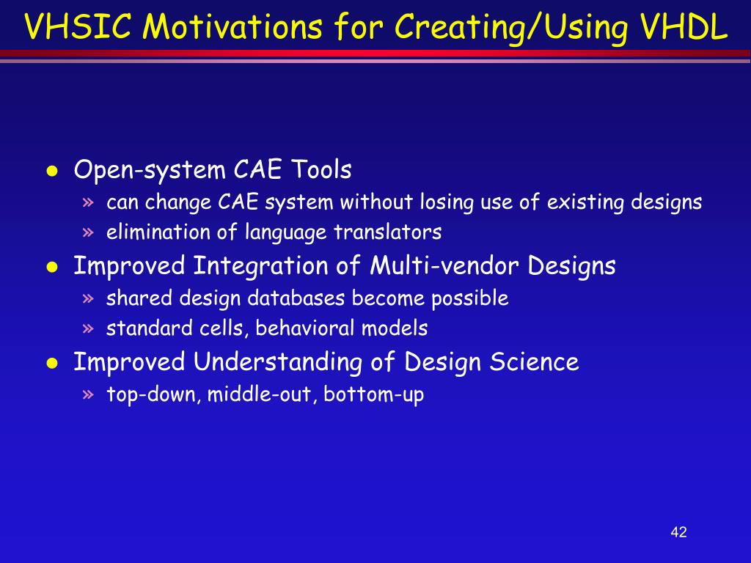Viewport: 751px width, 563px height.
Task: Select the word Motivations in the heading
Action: tap(232, 26)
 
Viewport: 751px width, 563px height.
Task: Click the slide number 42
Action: tap(678, 532)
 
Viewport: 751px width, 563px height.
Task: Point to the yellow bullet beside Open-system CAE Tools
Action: tap(52, 171)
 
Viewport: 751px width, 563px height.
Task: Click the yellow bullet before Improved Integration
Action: tap(52, 267)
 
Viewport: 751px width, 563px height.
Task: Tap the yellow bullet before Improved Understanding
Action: tap(52, 363)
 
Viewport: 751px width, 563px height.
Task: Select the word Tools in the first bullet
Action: tap(321, 169)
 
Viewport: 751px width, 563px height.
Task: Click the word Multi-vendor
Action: tap(444, 265)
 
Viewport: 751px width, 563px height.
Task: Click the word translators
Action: tap(387, 232)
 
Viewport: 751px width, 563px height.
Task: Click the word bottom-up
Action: tap(373, 395)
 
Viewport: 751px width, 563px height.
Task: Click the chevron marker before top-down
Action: tap(88, 394)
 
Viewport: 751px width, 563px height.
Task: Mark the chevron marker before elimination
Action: tap(88, 232)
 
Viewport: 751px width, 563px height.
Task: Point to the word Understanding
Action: tap(278, 361)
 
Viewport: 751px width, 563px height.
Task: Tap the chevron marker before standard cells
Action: tap(88, 328)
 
